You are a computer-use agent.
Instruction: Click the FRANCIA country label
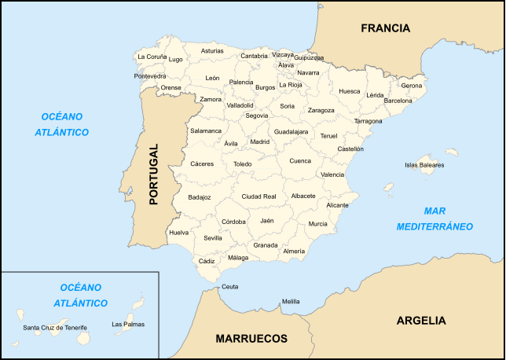coord(385,28)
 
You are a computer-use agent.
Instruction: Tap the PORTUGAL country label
coord(153,174)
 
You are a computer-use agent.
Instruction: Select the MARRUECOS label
coord(251,339)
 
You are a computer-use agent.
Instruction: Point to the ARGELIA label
coord(421,320)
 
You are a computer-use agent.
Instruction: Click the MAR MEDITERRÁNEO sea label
coord(434,219)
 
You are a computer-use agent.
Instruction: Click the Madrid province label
coord(259,142)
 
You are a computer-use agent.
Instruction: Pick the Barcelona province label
coord(398,101)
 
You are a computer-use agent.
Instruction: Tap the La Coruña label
coord(152,57)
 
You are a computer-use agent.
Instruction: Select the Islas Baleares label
coord(424,165)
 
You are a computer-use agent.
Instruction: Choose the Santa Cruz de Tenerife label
coord(55,327)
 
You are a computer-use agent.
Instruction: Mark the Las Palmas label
coord(128,324)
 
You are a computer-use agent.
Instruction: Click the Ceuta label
coord(229,287)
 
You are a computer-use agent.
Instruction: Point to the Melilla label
coord(291,301)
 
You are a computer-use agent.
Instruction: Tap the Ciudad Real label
coord(258,196)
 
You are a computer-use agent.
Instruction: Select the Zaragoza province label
coord(321,110)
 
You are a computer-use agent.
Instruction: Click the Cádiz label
coord(207,260)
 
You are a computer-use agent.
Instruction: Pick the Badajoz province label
coord(200,197)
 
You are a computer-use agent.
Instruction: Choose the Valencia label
coord(332,174)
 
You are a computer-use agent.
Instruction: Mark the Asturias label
coord(212,51)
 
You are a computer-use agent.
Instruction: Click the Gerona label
coord(411,85)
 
